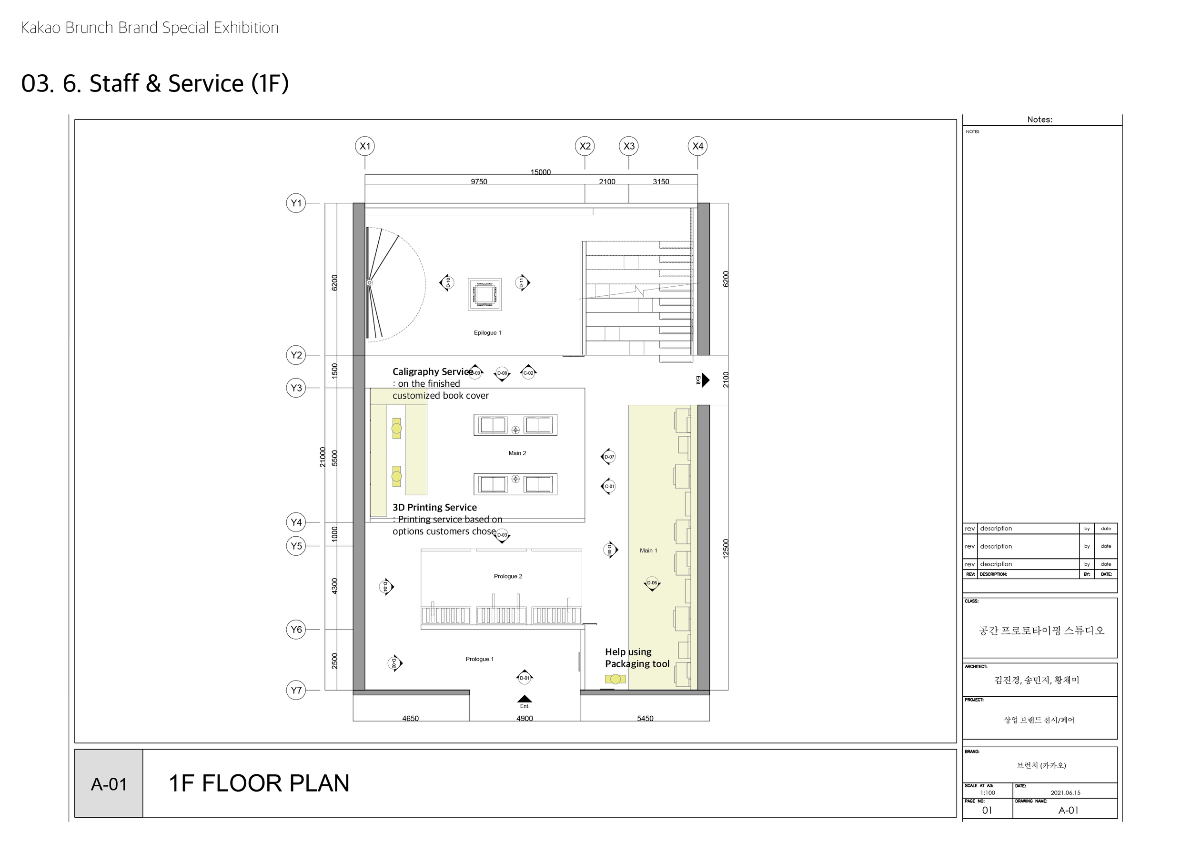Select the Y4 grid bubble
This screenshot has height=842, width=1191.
[x=296, y=522]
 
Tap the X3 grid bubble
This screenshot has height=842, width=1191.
[x=629, y=146]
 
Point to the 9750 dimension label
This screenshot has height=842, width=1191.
[x=479, y=181]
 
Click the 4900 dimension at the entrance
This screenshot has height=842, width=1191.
[x=525, y=718]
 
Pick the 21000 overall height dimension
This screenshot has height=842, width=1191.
[x=322, y=457]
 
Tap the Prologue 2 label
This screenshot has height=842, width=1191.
[x=508, y=576]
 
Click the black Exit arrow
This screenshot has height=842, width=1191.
[x=705, y=380]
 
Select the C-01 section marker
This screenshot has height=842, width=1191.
[x=609, y=486]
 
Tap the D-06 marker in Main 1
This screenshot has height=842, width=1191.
[x=652, y=583]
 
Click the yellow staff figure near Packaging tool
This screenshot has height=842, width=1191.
[x=615, y=679]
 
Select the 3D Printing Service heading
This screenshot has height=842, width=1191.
[x=434, y=508]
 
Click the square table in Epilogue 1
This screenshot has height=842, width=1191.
[x=484, y=294]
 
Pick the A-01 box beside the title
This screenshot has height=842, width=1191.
[x=109, y=784]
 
